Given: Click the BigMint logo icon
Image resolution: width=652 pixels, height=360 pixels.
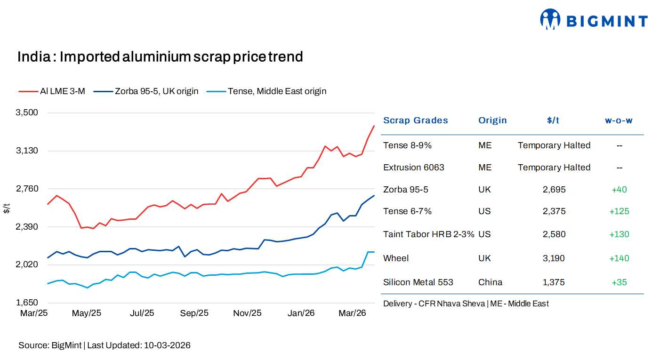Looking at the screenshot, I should [550, 19].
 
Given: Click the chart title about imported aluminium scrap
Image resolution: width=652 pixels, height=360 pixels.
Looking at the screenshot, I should [160, 57].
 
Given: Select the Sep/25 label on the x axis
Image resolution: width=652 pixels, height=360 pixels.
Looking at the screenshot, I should [194, 313].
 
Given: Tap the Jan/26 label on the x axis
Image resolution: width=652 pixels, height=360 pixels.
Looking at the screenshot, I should [301, 313].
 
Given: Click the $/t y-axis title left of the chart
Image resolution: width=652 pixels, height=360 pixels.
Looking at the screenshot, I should [7, 208].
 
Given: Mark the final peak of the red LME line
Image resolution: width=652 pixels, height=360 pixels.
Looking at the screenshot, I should [374, 126].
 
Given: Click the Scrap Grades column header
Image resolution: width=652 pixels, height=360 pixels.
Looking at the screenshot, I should [415, 120].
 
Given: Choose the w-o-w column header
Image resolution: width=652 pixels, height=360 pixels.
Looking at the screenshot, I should [619, 120].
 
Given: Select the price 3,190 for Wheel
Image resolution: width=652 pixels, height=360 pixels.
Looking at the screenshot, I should [554, 258].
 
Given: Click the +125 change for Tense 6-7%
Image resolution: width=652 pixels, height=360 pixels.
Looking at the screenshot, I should [619, 211].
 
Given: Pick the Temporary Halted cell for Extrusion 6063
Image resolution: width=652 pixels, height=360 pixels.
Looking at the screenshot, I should [554, 168].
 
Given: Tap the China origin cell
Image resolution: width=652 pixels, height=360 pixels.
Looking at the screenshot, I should [490, 282].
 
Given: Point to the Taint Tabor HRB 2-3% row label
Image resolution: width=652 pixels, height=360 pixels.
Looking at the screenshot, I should [428, 234].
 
